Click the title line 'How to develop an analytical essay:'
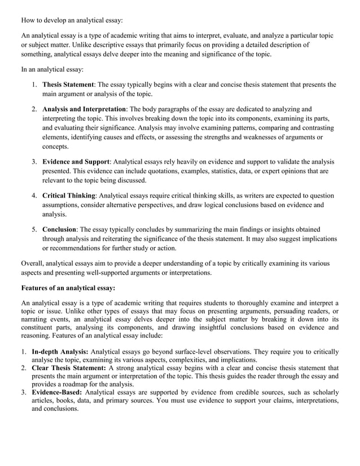point(72,20)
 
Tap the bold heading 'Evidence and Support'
point(76,162)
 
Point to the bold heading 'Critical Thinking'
point(69,196)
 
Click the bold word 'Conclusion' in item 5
point(59,230)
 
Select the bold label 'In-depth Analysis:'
point(60,351)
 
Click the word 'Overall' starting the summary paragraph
point(33,263)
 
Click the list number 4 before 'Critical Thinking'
point(34,196)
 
